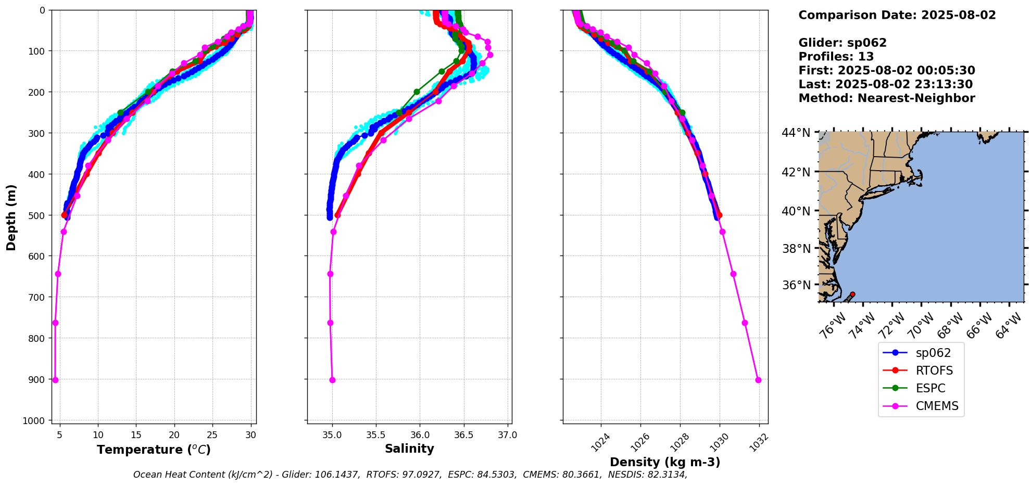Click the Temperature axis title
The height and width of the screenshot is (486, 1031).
pos(154,450)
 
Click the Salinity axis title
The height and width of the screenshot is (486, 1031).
pos(409,449)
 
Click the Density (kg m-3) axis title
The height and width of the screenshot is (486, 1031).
pos(665,462)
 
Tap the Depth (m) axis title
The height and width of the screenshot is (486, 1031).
pos(11,217)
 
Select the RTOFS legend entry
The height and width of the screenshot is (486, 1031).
pos(934,370)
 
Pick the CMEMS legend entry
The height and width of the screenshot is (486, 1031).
pos(937,406)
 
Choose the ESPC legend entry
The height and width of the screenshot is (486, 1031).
pos(930,388)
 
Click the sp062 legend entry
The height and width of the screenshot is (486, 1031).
pos(933,353)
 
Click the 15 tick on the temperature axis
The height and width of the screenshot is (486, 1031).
pos(136,435)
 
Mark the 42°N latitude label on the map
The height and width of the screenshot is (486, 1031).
pos(796,172)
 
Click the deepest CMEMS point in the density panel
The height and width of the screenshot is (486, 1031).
pos(758,380)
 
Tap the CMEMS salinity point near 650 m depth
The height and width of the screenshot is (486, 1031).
pos(330,274)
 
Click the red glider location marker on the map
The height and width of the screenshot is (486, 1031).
pos(852,295)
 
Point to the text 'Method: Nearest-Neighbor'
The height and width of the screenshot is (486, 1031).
pos(886,98)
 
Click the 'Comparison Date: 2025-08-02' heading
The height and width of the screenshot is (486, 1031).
pos(897,15)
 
